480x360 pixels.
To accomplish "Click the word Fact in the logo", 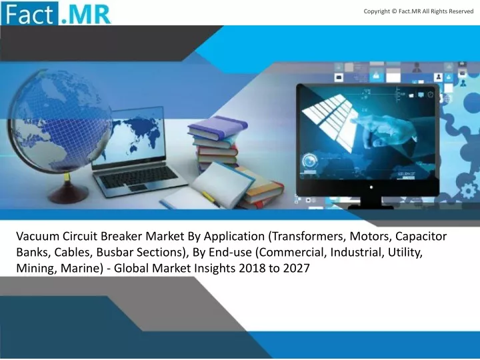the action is [x=29, y=14].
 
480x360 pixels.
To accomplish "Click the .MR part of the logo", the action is [x=85, y=15].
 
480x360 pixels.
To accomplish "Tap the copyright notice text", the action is [x=419, y=11].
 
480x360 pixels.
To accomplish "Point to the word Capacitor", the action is [x=421, y=237].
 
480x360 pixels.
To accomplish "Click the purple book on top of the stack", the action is [x=217, y=126].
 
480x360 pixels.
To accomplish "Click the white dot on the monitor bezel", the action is [x=371, y=187].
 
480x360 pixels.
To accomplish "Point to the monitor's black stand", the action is [x=372, y=203].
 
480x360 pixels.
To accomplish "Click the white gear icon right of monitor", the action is [x=469, y=191].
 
